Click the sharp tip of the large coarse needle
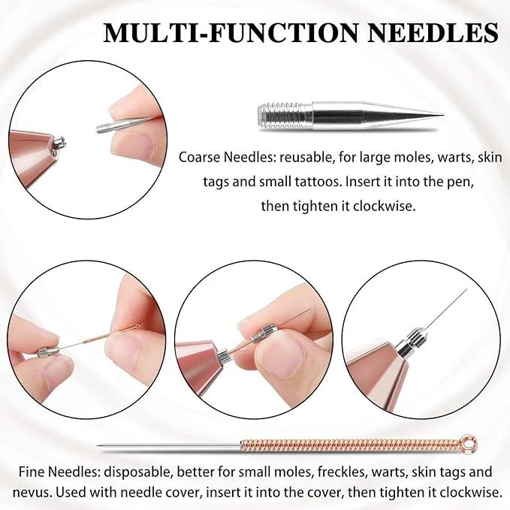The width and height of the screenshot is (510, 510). pos(442,114)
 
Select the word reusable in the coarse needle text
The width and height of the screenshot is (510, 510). pos(303,158)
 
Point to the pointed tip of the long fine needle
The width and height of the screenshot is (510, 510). pos(98,445)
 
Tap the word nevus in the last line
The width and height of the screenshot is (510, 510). pos(32,493)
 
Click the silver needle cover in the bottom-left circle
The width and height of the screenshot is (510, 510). pos(47,352)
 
